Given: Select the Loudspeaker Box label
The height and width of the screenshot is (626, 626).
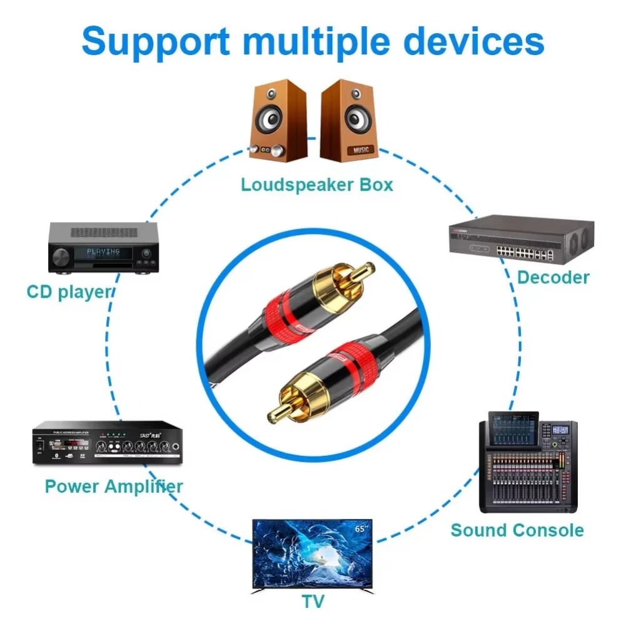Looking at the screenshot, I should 317,185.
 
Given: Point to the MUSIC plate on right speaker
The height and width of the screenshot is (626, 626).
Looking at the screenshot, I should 361,150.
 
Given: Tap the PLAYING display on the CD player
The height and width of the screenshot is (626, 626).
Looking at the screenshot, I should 104,252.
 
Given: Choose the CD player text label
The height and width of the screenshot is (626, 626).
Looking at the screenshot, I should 69,292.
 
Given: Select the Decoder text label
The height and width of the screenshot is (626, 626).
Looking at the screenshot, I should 553,277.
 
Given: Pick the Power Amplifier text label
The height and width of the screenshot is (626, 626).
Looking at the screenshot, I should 114,486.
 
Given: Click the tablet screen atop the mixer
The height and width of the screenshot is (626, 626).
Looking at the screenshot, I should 513,429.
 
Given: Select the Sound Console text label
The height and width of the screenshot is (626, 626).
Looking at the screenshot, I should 517,530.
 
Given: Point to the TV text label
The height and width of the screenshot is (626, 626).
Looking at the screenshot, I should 313,602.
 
